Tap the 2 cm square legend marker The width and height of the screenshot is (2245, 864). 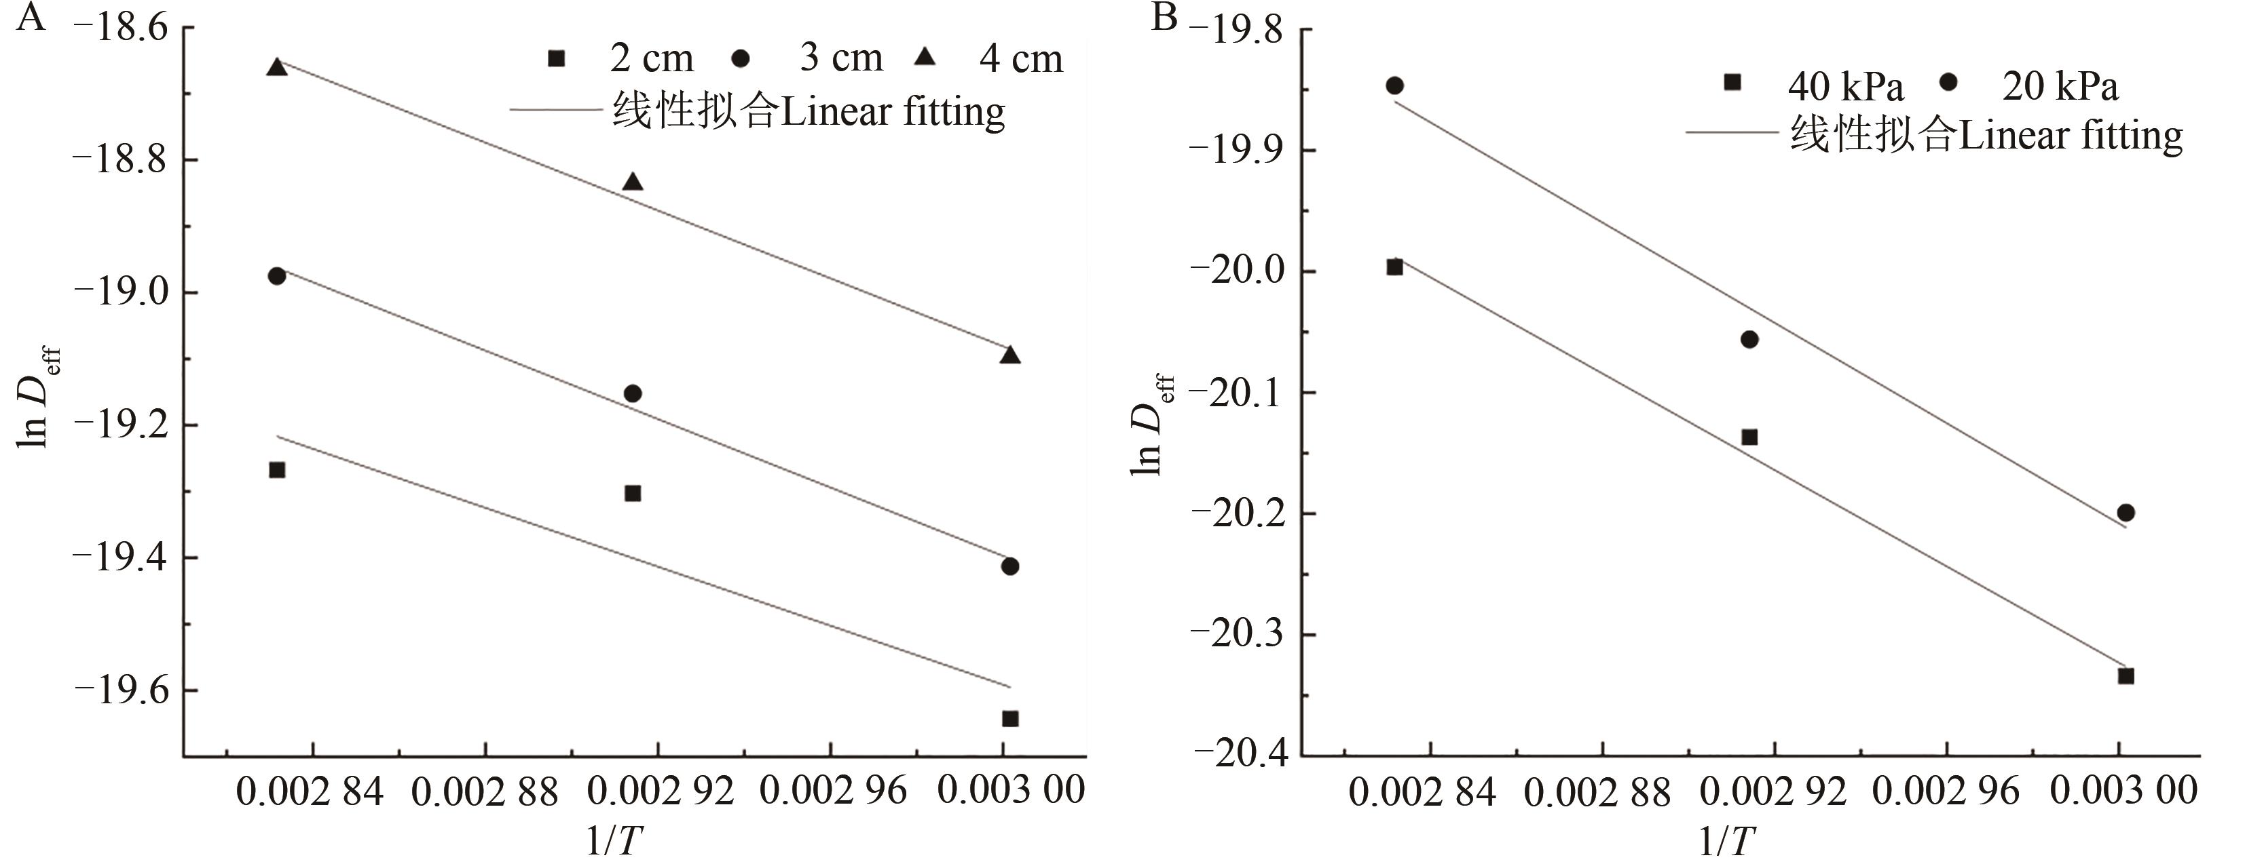click(x=556, y=58)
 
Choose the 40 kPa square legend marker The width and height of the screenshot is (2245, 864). click(x=1732, y=83)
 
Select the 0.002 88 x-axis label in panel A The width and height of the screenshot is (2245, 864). click(x=485, y=791)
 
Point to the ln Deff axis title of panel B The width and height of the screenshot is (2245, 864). click(x=1152, y=425)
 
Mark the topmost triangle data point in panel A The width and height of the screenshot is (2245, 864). click(x=277, y=67)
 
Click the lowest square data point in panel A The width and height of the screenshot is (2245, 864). click(x=1010, y=719)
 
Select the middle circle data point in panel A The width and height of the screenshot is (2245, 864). click(x=633, y=393)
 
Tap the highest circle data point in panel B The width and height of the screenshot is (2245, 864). click(x=1394, y=85)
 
